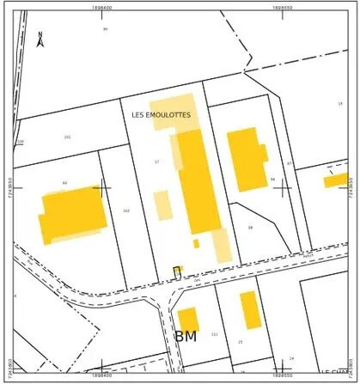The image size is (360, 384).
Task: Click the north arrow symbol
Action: (40, 38)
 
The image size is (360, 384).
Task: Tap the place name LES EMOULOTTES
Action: (161, 114)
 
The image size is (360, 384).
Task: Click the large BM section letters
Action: (186, 336)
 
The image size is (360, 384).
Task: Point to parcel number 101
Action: (67, 137)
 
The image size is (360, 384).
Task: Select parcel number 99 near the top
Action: (105, 29)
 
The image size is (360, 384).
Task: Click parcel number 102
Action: (126, 210)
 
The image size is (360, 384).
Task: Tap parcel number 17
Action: (157, 162)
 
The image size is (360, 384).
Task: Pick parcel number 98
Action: (250, 228)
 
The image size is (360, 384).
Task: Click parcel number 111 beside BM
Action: (214, 334)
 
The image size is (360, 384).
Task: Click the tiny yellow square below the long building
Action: (196, 243)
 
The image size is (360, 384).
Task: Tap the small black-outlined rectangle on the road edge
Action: (176, 271)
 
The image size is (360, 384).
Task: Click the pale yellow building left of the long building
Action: (162, 205)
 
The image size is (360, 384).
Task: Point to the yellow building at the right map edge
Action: (335, 180)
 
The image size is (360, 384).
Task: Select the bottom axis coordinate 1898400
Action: (101, 375)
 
